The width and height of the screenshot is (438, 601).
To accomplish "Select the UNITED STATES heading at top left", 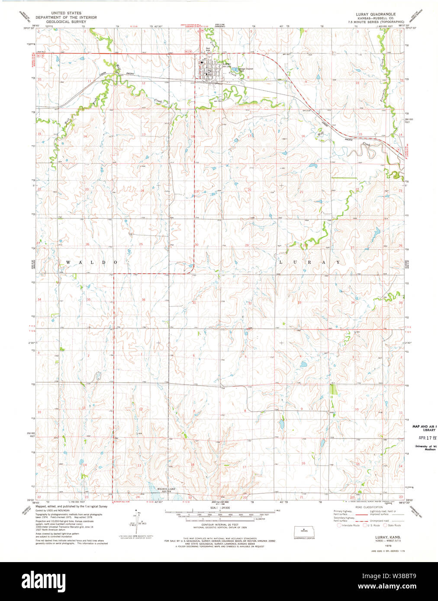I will (x=66, y=13).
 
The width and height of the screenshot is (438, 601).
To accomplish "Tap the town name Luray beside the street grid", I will (x=226, y=64).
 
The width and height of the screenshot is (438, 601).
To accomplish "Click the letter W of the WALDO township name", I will (x=68, y=262).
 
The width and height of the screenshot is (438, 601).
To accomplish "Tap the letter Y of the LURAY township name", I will (x=338, y=262).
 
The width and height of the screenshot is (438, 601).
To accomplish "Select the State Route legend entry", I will (x=393, y=525).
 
